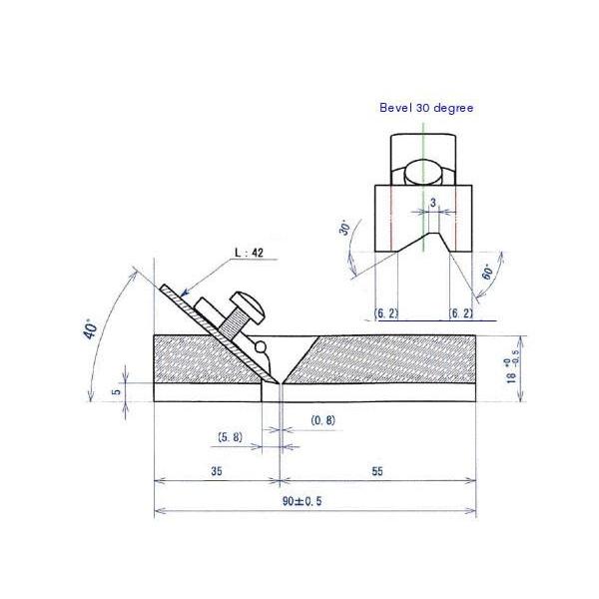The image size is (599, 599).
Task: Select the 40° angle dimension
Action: click(x=92, y=329)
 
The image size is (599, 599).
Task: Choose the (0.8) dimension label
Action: click(x=322, y=420)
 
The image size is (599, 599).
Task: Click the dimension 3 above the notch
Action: click(x=431, y=203)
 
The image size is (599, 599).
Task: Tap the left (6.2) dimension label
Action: click(x=386, y=313)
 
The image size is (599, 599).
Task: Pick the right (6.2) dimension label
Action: click(x=460, y=313)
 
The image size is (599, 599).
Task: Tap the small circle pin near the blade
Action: click(x=262, y=346)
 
